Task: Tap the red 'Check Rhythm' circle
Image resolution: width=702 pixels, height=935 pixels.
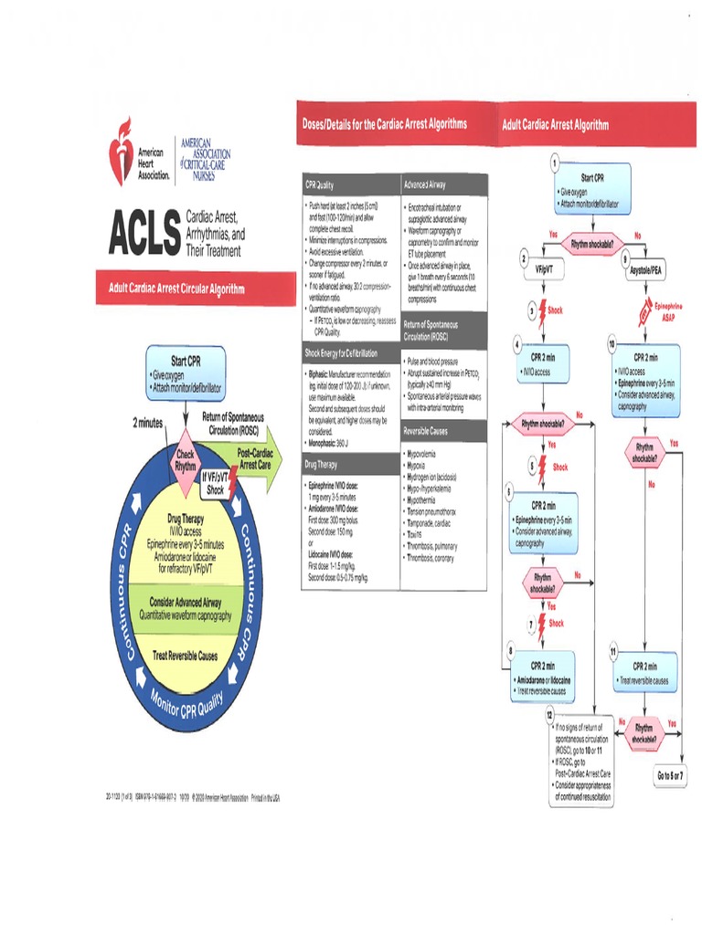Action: point(186,460)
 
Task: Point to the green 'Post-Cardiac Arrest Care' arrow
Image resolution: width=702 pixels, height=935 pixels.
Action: point(252,458)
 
